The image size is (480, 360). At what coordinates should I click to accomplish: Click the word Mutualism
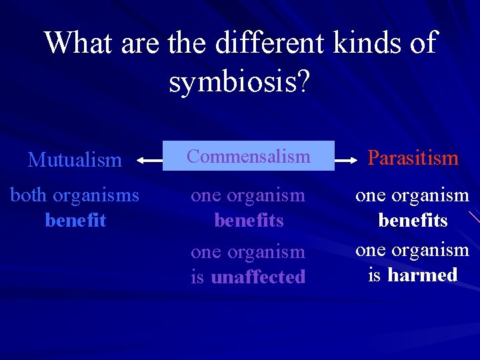pos(75,160)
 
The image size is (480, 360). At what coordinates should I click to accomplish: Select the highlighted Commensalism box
pos(249,156)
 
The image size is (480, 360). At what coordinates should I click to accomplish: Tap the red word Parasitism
pos(413,158)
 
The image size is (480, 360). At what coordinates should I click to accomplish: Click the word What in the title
pos(79,43)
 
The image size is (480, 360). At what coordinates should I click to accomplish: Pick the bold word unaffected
pos(258,277)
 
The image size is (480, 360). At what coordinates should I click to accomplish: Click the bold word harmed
pos(423,275)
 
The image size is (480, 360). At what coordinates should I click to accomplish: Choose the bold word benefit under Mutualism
pos(75,220)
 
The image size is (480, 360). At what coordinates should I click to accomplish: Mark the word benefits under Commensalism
pos(249,220)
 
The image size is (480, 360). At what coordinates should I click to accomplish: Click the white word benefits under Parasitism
pos(413,220)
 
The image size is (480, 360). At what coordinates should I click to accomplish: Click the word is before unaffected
pos(197,277)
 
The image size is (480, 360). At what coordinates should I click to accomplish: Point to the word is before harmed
pos(374,275)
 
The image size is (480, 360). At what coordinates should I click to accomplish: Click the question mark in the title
pos(302,82)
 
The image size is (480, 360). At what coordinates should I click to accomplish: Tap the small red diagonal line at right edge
pos(473,217)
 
